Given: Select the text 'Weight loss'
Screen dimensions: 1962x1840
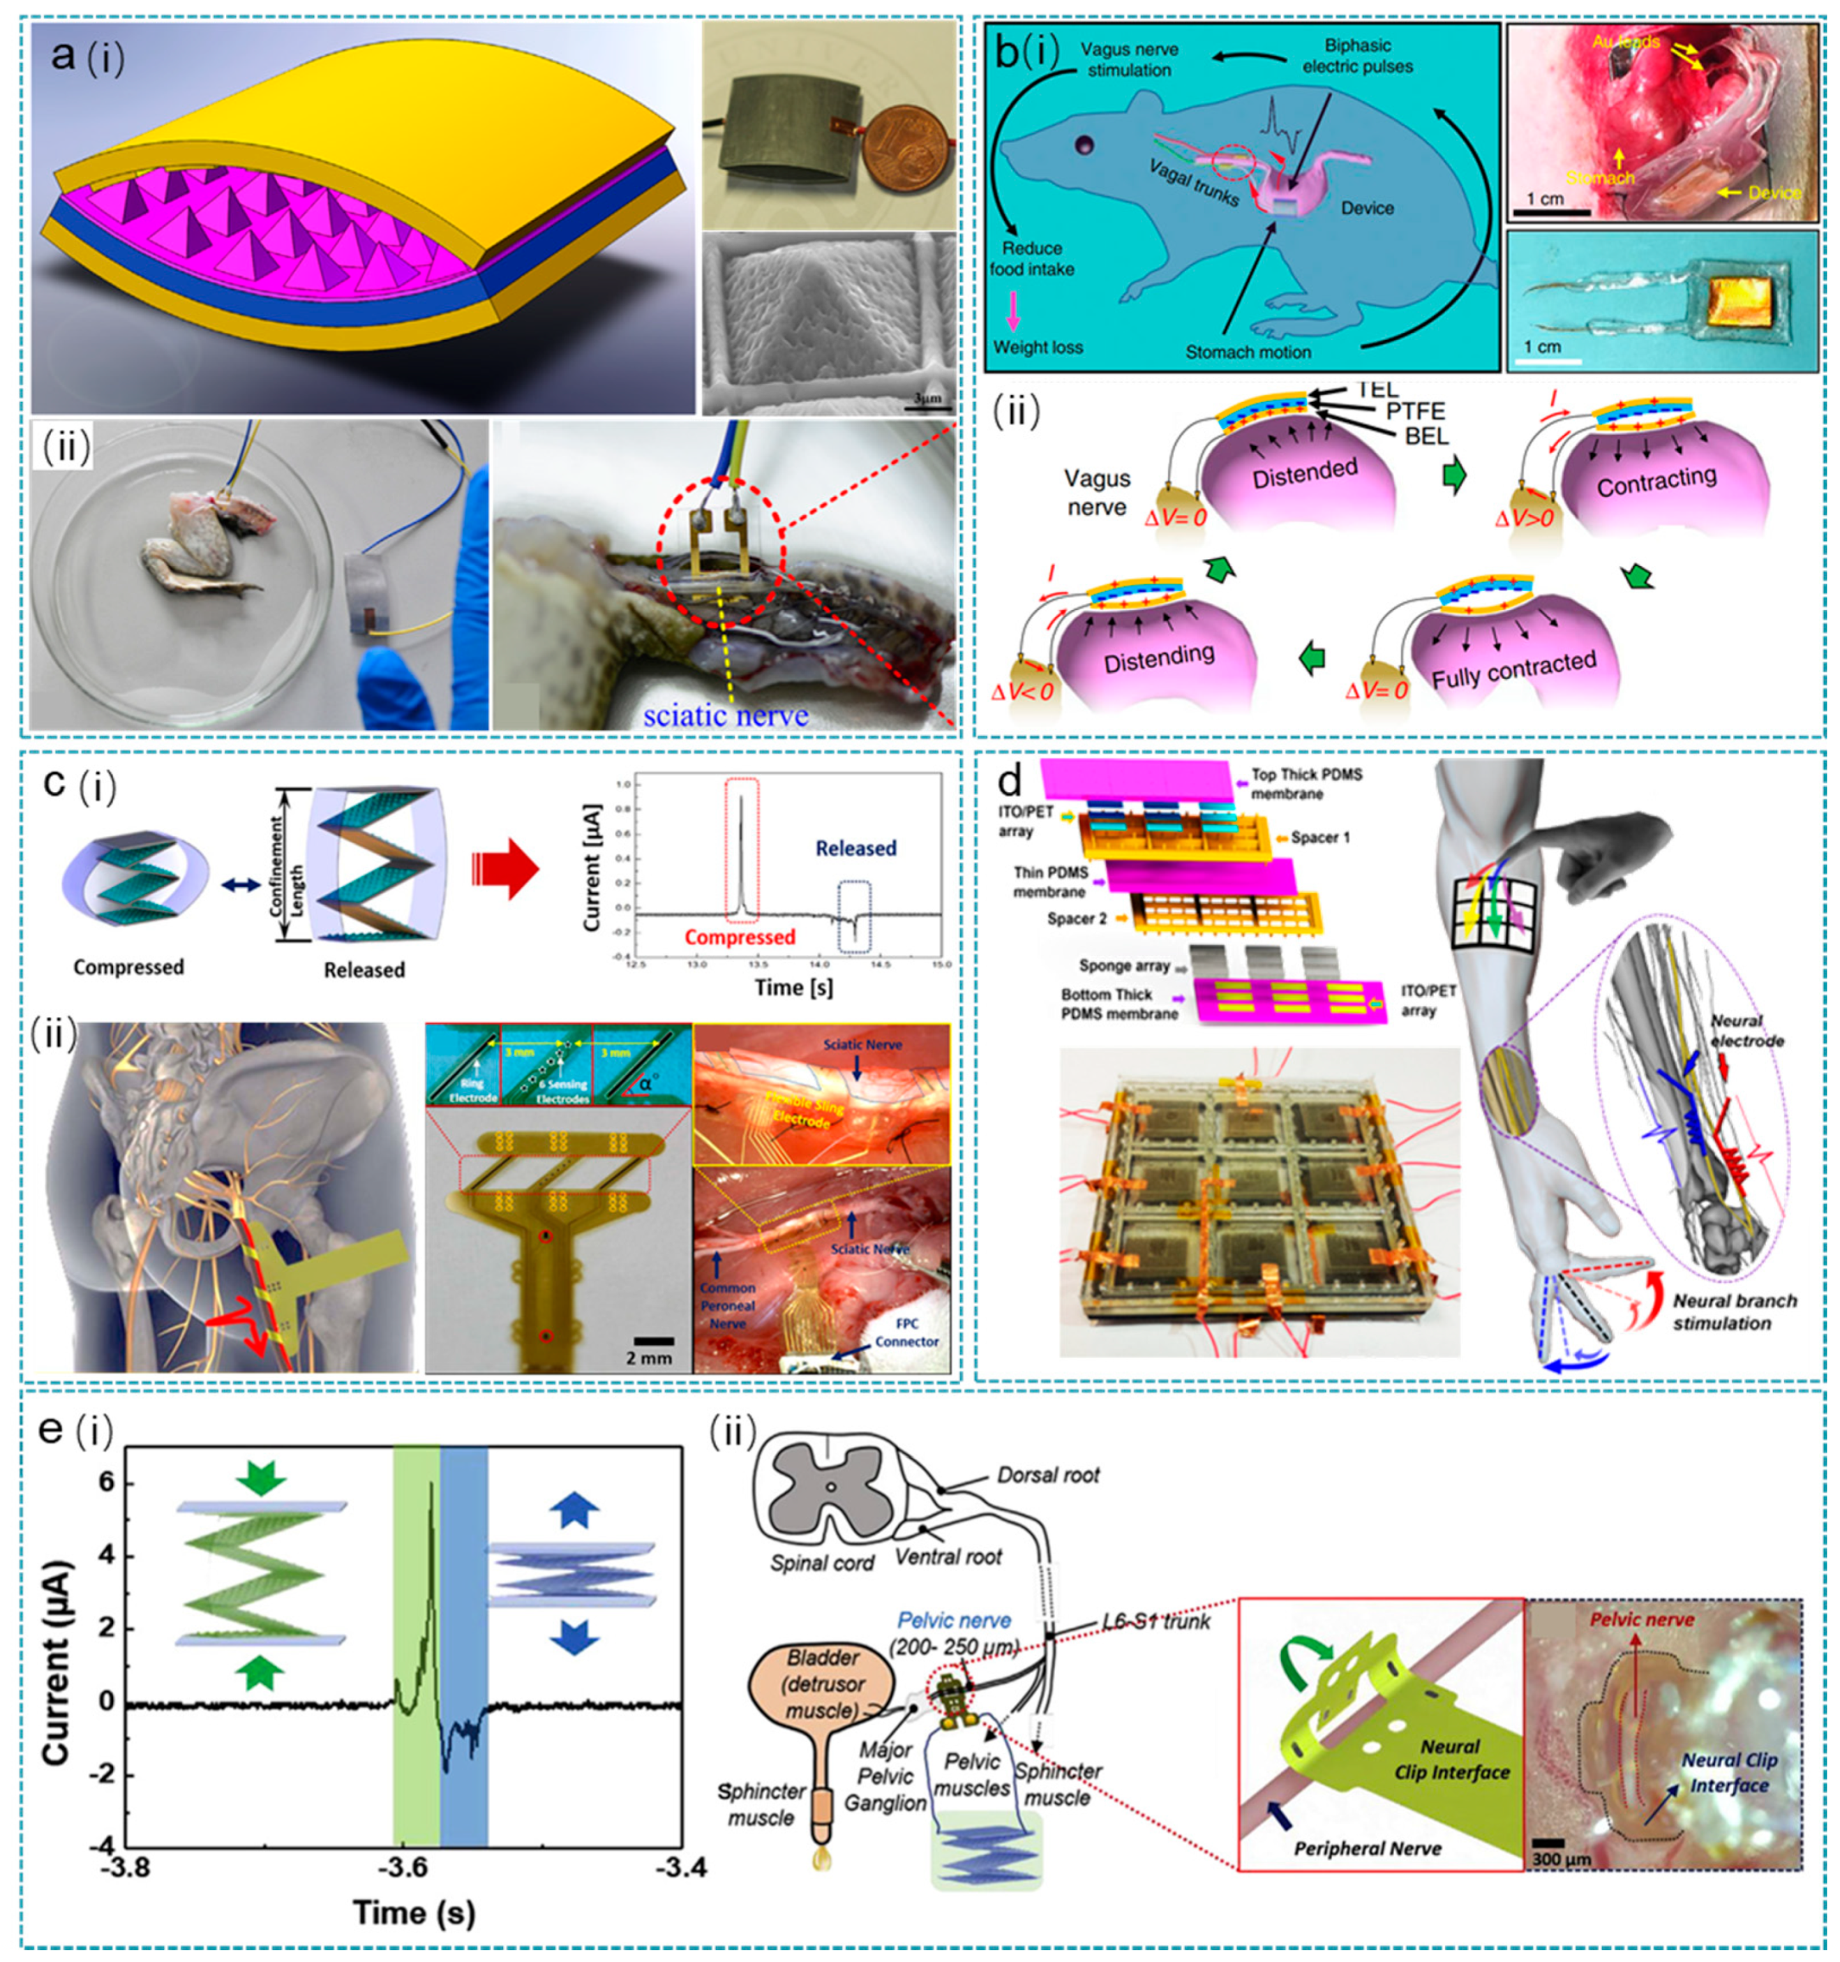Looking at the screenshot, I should [x=1038, y=348].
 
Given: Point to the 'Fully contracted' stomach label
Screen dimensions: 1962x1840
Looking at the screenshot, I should [x=1513, y=671].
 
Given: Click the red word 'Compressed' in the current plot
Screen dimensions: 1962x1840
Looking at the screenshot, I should [x=740, y=937].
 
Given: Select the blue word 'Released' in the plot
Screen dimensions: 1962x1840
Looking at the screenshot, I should [x=855, y=848].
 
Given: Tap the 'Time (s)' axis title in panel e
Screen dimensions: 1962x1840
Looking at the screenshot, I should [x=414, y=1912].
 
